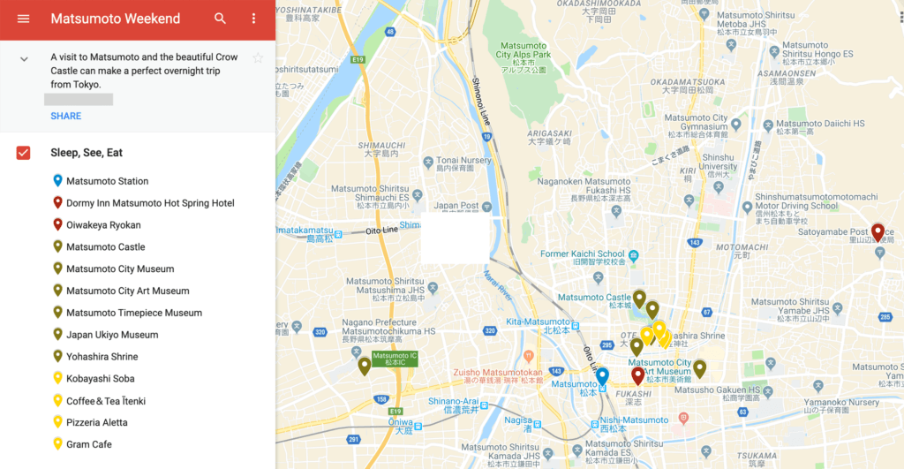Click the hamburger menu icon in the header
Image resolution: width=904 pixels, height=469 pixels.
(x=23, y=19)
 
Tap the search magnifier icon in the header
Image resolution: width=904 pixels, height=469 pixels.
(x=220, y=19)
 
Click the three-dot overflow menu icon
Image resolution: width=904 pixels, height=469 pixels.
(x=254, y=19)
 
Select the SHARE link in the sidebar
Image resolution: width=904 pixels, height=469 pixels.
(x=65, y=116)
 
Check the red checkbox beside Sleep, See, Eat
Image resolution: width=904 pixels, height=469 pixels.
(x=24, y=153)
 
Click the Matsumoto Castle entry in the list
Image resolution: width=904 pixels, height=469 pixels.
(x=105, y=246)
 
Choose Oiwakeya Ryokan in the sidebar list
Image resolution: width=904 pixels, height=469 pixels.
(x=103, y=224)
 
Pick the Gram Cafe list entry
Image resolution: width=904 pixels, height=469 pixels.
(x=88, y=444)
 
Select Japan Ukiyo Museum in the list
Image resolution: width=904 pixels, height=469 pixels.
(x=112, y=335)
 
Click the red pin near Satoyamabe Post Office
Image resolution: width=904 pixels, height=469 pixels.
(x=878, y=232)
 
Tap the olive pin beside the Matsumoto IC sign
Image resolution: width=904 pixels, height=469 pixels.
(x=364, y=366)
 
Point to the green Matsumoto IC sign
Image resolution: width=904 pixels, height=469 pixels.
(x=394, y=359)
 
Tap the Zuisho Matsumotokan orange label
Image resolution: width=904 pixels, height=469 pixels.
(x=498, y=373)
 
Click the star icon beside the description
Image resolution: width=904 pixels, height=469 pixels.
(x=258, y=58)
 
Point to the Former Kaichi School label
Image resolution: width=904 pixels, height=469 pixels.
(x=583, y=254)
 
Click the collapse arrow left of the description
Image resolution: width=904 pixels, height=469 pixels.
(x=24, y=59)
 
